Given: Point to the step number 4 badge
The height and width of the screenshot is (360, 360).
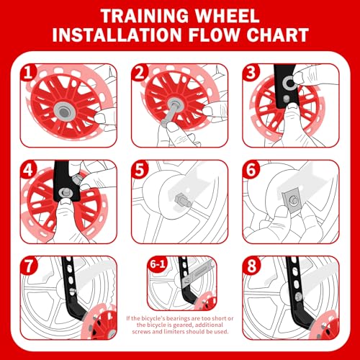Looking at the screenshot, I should pos(29,171).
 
